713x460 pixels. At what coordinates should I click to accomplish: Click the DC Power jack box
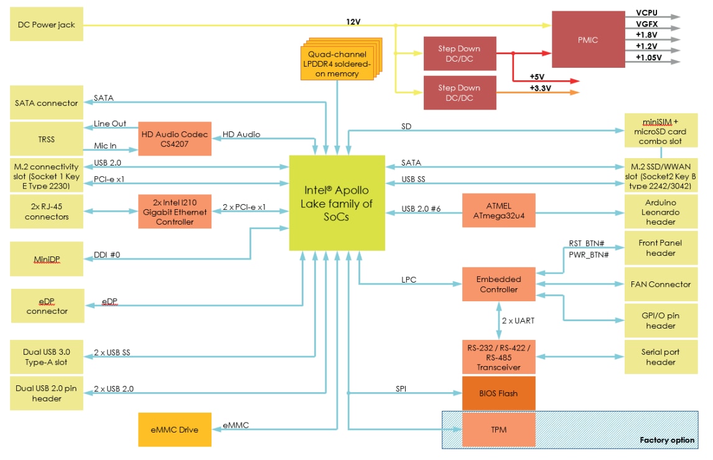pos(47,24)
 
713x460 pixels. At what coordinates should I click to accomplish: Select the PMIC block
pos(588,39)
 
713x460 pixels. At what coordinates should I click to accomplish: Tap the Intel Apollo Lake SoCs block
pos(337,203)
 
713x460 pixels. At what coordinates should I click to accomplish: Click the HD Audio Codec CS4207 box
pos(175,139)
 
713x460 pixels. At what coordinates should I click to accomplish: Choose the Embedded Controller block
pos(499,284)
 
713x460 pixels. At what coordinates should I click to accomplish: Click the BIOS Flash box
pos(499,393)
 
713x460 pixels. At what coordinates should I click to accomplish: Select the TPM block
pos(499,429)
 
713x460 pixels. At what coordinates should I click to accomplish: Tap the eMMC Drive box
pos(175,429)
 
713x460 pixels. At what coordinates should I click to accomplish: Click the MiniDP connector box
pos(47,259)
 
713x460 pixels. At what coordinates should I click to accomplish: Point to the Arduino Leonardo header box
pos(661,212)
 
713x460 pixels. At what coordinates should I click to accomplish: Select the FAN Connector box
pos(661,284)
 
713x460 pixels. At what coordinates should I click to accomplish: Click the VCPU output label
pos(646,12)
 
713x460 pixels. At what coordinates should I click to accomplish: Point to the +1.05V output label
pos(649,57)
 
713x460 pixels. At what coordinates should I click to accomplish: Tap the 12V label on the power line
pos(353,22)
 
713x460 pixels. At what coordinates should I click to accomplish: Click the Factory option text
pos(667,440)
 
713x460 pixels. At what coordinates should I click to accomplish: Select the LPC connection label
pos(409,280)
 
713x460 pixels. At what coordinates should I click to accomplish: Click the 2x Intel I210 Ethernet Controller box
pos(175,212)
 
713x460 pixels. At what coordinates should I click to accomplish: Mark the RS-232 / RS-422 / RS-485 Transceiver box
pos(499,357)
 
